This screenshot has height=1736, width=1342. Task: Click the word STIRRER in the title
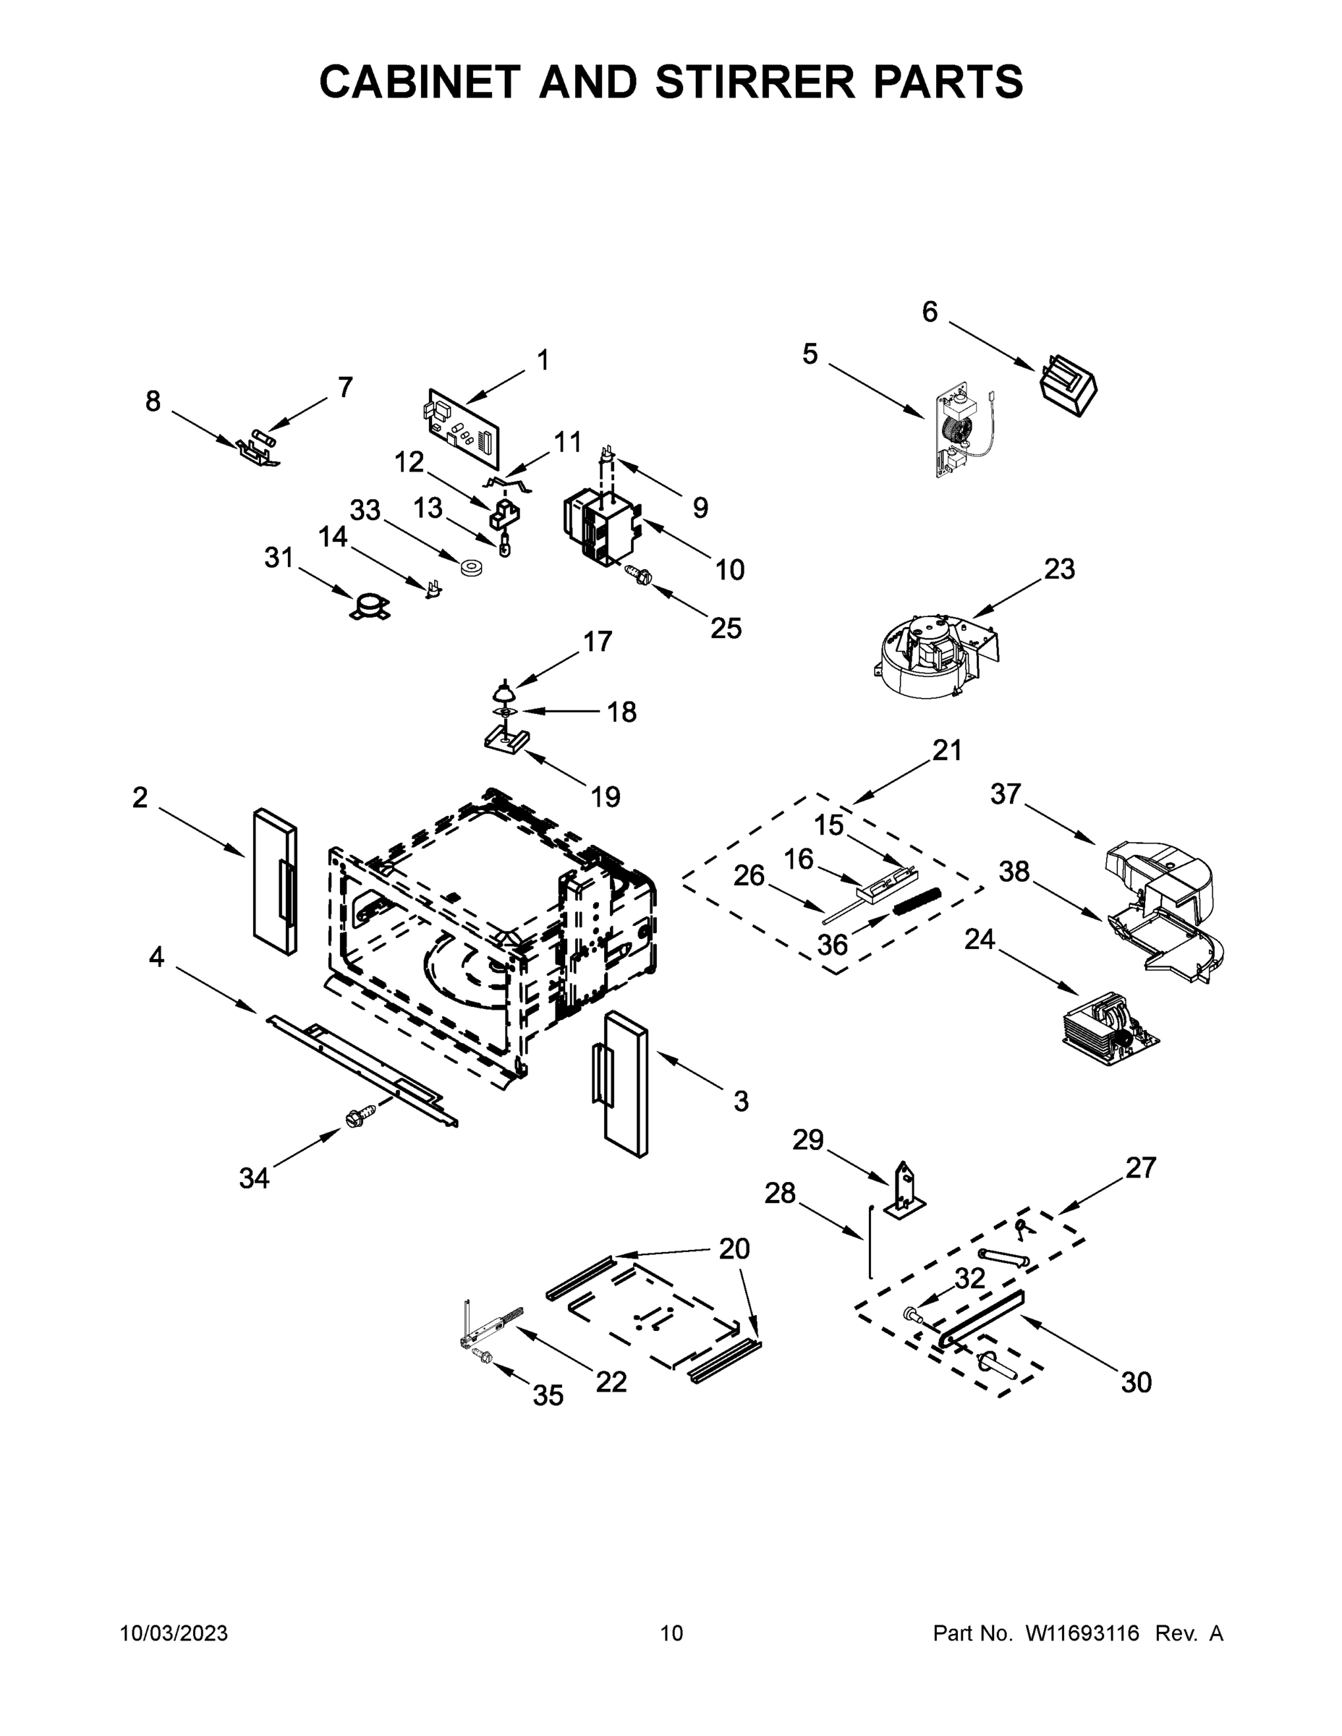(755, 81)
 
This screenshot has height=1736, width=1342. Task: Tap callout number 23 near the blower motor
(1059, 569)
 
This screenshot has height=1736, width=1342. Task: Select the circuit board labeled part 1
(464, 427)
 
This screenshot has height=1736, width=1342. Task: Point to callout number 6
(930, 312)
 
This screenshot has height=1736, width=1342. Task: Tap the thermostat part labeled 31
(370, 609)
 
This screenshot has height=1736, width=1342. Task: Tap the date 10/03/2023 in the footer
(174, 1633)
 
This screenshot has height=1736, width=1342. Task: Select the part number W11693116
(1082, 1633)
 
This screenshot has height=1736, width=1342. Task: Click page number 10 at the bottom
(671, 1633)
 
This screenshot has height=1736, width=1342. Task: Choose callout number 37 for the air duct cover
(1005, 793)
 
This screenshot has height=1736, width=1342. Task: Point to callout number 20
(734, 1248)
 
